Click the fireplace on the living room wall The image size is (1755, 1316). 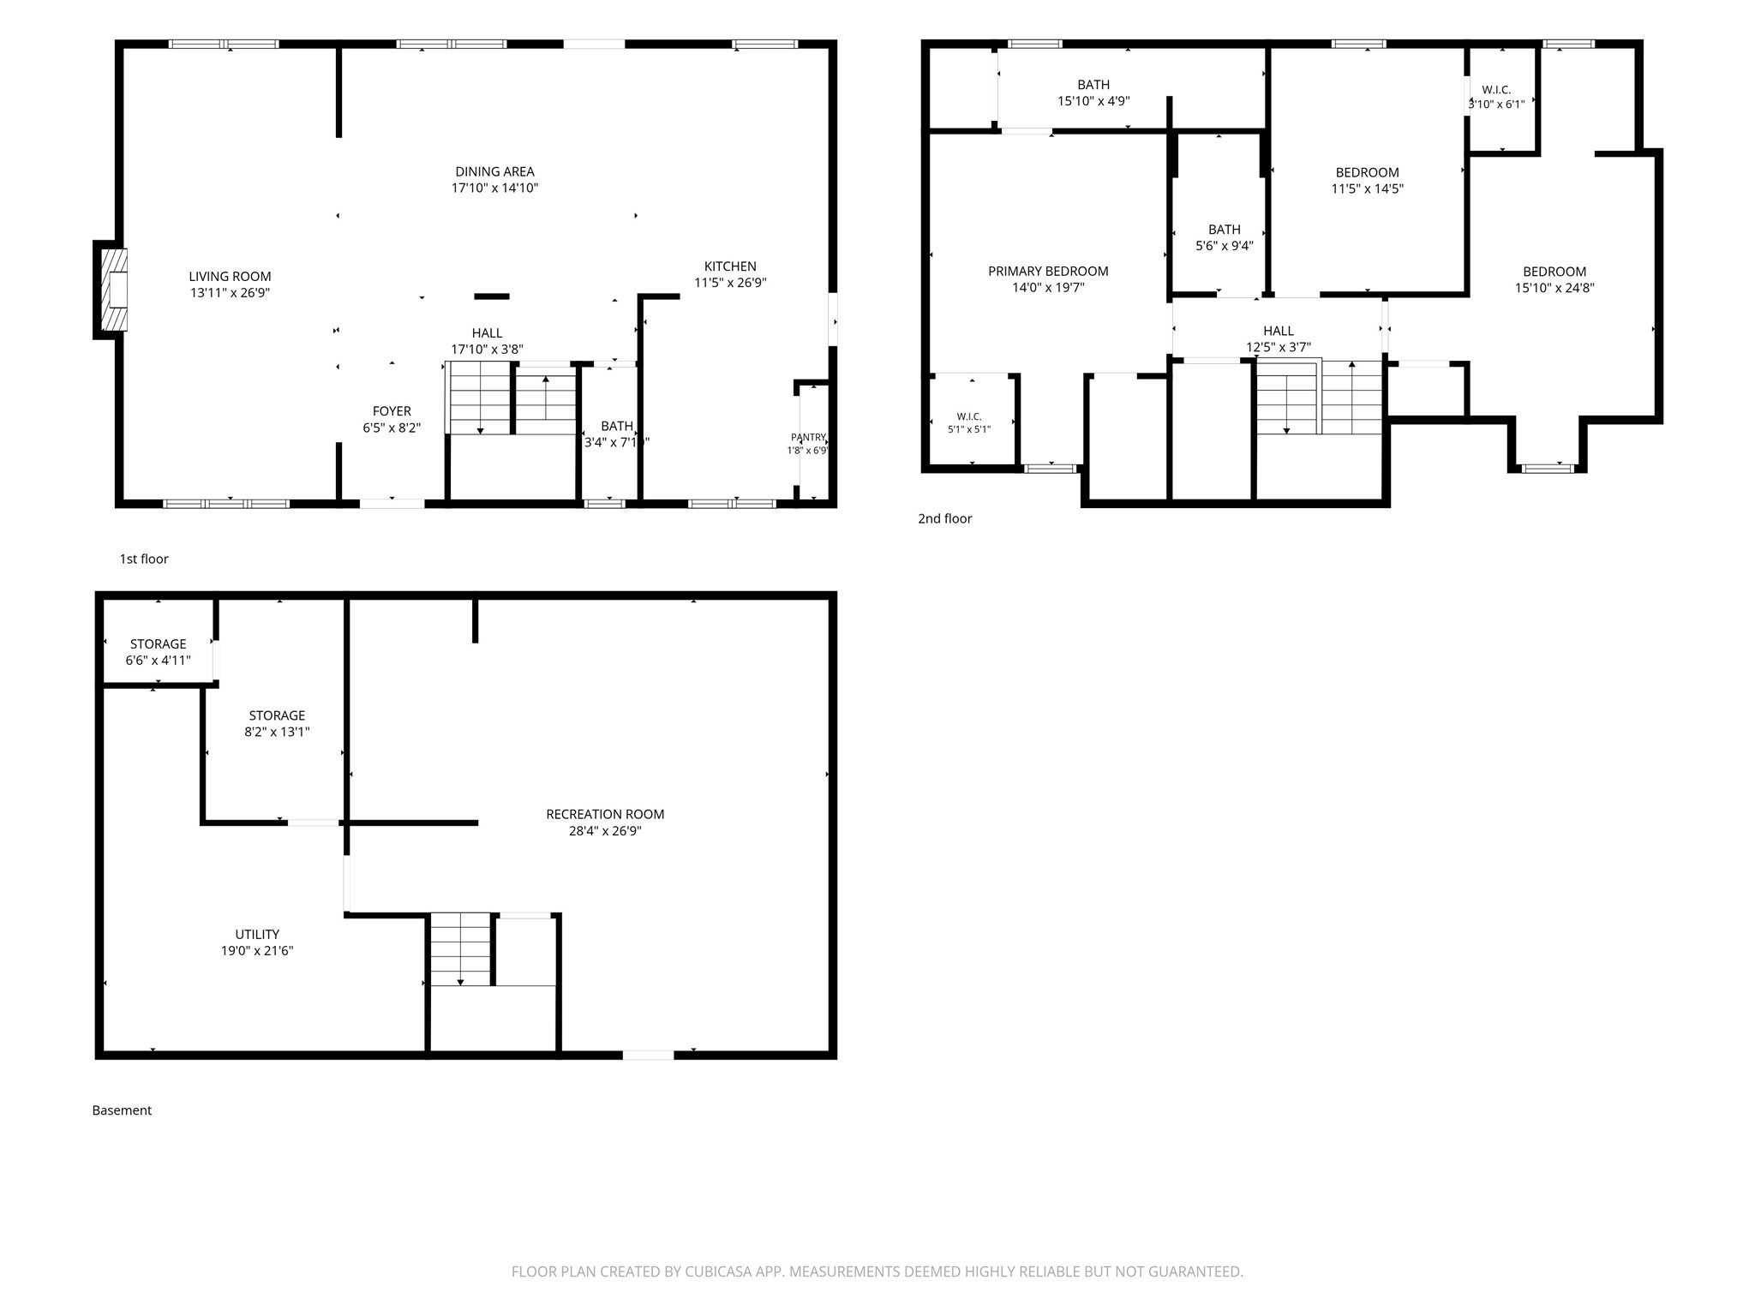[x=114, y=290]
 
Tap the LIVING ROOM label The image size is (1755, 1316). [x=230, y=277]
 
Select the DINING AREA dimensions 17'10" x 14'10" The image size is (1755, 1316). [x=495, y=188]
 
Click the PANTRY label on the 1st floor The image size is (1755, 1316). [x=808, y=437]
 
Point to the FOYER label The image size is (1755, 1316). [x=392, y=411]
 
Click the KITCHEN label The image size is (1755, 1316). [x=730, y=266]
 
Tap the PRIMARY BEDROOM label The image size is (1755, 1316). [x=1048, y=272]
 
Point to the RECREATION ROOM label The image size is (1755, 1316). [x=605, y=814]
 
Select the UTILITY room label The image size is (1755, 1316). [x=257, y=934]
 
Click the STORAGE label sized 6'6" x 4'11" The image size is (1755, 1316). [x=159, y=644]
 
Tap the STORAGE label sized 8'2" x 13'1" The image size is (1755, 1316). [x=277, y=715]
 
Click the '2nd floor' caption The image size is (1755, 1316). [x=945, y=518]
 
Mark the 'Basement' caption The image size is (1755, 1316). [x=122, y=1110]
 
